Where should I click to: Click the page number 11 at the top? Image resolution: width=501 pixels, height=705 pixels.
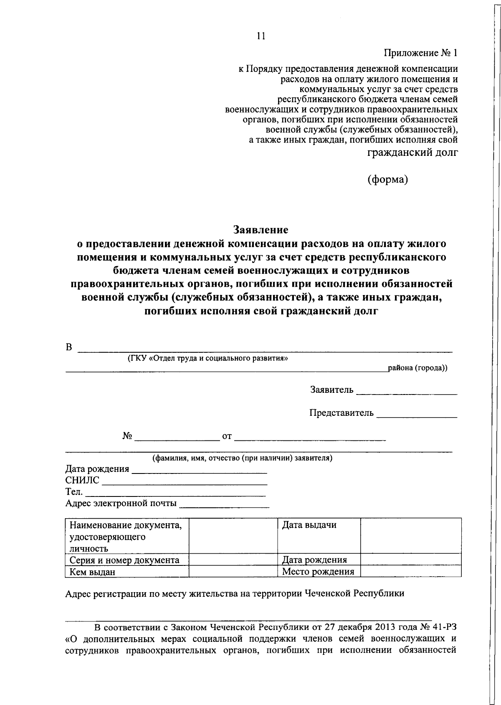(261, 36)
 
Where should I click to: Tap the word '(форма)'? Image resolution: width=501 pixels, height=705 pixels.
(387, 180)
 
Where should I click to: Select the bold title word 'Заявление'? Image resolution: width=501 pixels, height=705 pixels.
(261, 230)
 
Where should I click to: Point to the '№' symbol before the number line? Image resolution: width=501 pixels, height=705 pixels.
(127, 436)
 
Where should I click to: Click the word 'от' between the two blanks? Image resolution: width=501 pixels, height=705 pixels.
(227, 436)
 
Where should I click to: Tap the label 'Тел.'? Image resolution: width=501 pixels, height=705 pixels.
(74, 492)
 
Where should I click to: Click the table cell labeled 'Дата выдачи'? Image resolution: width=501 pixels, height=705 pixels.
(309, 525)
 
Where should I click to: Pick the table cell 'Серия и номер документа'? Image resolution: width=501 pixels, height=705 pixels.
(124, 560)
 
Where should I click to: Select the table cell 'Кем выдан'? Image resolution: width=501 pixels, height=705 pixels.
(92, 572)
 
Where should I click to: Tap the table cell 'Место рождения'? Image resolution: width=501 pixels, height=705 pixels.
(318, 571)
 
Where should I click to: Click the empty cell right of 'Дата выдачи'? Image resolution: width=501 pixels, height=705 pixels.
(410, 535)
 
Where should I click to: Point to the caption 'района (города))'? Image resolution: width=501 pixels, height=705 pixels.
(417, 368)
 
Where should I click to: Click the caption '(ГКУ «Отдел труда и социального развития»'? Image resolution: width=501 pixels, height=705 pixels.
(207, 358)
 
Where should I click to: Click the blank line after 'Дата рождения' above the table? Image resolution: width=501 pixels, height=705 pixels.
(199, 472)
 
